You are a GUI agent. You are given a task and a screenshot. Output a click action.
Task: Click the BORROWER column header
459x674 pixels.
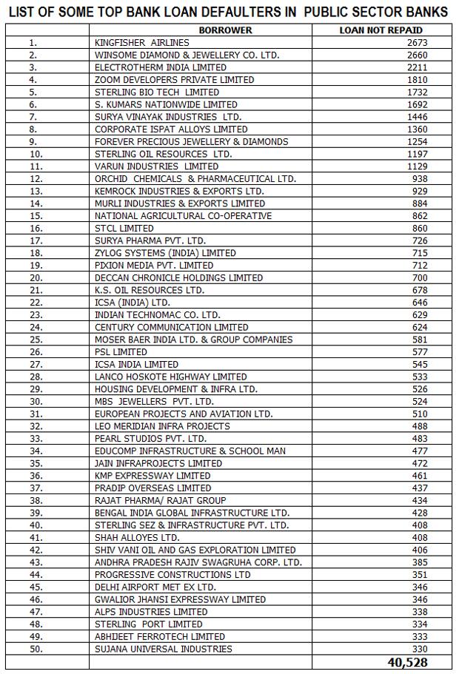click(225, 30)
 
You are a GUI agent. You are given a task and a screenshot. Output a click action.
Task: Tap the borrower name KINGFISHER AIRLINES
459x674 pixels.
click(142, 43)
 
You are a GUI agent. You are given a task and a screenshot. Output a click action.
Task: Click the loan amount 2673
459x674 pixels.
click(418, 43)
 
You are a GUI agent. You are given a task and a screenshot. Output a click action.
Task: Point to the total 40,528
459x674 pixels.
click(407, 662)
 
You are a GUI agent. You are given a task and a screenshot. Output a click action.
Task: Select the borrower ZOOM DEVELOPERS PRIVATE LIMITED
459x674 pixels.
click(175, 80)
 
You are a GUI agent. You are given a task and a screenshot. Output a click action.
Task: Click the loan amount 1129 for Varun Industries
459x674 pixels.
click(418, 166)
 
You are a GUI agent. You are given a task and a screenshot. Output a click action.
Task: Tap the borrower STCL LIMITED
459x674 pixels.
click(124, 229)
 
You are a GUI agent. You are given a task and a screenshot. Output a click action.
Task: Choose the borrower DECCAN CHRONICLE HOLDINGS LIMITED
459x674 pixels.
click(179, 277)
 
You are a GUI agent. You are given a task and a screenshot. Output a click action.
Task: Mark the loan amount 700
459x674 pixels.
click(420, 277)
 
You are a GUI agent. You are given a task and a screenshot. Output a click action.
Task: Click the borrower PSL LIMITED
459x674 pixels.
click(121, 352)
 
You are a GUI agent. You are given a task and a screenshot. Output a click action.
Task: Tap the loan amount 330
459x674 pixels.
click(420, 649)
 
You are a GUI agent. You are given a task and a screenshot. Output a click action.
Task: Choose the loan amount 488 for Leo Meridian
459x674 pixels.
click(420, 426)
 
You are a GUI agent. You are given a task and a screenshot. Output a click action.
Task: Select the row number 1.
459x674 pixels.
click(33, 43)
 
